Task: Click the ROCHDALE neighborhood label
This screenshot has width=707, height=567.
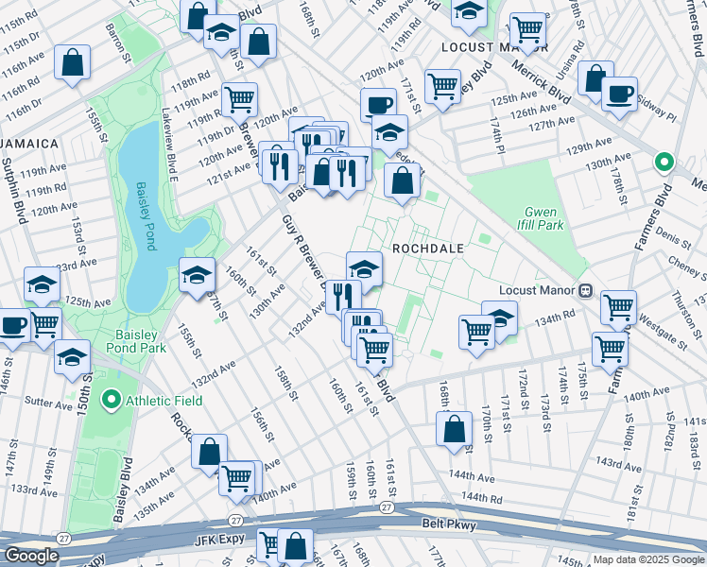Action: click(428, 248)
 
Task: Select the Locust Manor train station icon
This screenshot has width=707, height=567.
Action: click(586, 291)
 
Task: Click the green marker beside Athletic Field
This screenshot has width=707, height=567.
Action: click(112, 401)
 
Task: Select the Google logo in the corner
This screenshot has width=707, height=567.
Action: click(32, 556)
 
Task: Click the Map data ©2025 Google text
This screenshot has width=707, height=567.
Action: click(648, 559)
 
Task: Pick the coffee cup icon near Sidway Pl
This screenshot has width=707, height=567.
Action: click(619, 94)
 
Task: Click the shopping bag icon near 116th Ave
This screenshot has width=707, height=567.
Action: click(73, 62)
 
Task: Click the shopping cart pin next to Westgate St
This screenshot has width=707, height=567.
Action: click(617, 306)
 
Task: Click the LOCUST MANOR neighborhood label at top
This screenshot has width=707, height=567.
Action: click(481, 45)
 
